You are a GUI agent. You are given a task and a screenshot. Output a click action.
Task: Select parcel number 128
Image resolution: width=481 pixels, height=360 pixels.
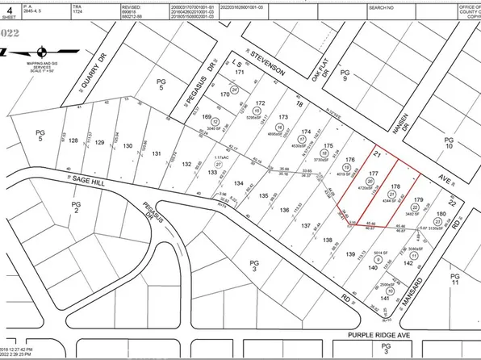click(74, 140)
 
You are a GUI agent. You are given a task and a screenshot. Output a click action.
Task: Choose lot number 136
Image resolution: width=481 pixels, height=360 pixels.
click(283, 211)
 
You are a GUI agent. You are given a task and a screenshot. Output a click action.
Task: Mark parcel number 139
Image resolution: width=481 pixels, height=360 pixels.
click(349, 254)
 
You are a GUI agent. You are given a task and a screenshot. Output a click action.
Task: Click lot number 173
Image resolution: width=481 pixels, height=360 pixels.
click(282, 117)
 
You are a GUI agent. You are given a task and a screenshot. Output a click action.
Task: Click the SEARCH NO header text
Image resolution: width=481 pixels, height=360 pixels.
click(381, 6)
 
